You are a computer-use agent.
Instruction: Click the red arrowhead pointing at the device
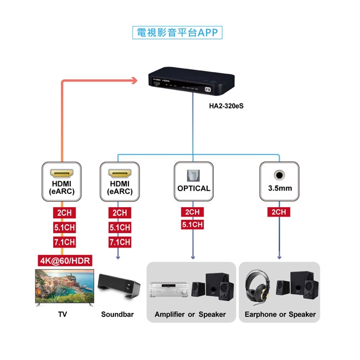click(133, 81)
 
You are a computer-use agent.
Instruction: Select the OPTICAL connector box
click(193, 181)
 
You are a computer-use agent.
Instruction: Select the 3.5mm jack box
click(279, 181)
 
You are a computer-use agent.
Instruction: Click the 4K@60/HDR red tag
click(65, 260)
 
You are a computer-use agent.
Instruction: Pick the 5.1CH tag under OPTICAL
click(193, 225)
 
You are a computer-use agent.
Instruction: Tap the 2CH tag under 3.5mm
click(279, 212)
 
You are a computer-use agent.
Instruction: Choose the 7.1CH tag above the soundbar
click(120, 242)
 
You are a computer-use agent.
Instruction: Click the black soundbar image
click(119, 287)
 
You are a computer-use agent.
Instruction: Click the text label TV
click(63, 315)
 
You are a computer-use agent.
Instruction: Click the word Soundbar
click(117, 315)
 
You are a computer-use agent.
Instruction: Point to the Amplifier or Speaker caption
click(190, 315)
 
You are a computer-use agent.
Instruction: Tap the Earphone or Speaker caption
click(280, 315)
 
